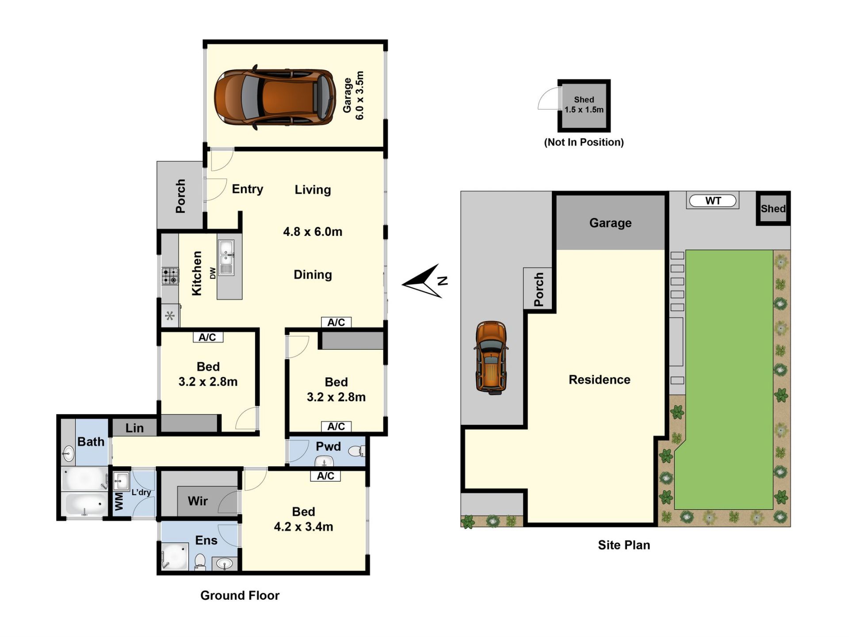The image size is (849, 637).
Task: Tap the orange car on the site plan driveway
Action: [x=491, y=357]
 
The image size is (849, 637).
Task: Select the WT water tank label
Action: [x=713, y=201]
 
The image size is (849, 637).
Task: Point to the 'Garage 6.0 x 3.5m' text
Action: [x=354, y=95]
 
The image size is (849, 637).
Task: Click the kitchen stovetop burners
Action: [x=170, y=276]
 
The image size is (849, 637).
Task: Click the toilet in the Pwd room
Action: [x=356, y=451]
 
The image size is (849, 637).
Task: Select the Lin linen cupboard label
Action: [x=134, y=428]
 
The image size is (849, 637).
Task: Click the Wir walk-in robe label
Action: [x=198, y=501]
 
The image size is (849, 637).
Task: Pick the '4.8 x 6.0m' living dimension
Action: [x=313, y=231]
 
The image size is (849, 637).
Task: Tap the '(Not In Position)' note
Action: [x=584, y=142]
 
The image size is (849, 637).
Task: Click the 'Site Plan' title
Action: [x=624, y=545]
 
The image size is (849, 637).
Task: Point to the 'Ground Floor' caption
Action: [x=240, y=595]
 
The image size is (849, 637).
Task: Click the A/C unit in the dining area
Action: [x=336, y=322]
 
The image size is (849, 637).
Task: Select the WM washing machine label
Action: [x=119, y=502]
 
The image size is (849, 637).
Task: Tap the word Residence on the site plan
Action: [x=599, y=380]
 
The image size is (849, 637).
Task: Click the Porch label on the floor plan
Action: [x=180, y=196]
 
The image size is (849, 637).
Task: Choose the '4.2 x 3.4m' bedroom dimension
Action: [x=303, y=526]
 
